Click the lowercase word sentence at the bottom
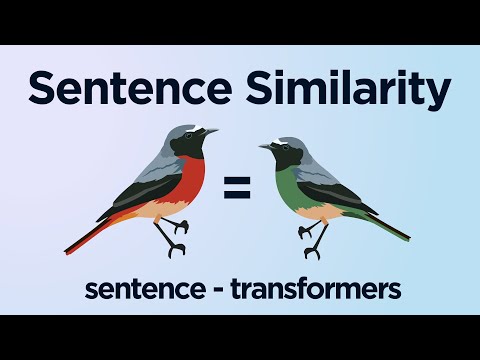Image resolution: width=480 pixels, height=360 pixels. tap(141, 289)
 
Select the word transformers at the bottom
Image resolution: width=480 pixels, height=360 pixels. tap(316, 289)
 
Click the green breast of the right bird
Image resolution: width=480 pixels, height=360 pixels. tap(291, 184)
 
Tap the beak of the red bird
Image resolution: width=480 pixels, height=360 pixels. tap(213, 131)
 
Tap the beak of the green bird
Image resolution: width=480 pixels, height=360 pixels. tap(263, 146)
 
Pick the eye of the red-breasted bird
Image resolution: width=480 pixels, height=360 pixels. tap(196, 134)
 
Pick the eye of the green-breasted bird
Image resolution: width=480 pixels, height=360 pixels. tap(280, 148)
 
